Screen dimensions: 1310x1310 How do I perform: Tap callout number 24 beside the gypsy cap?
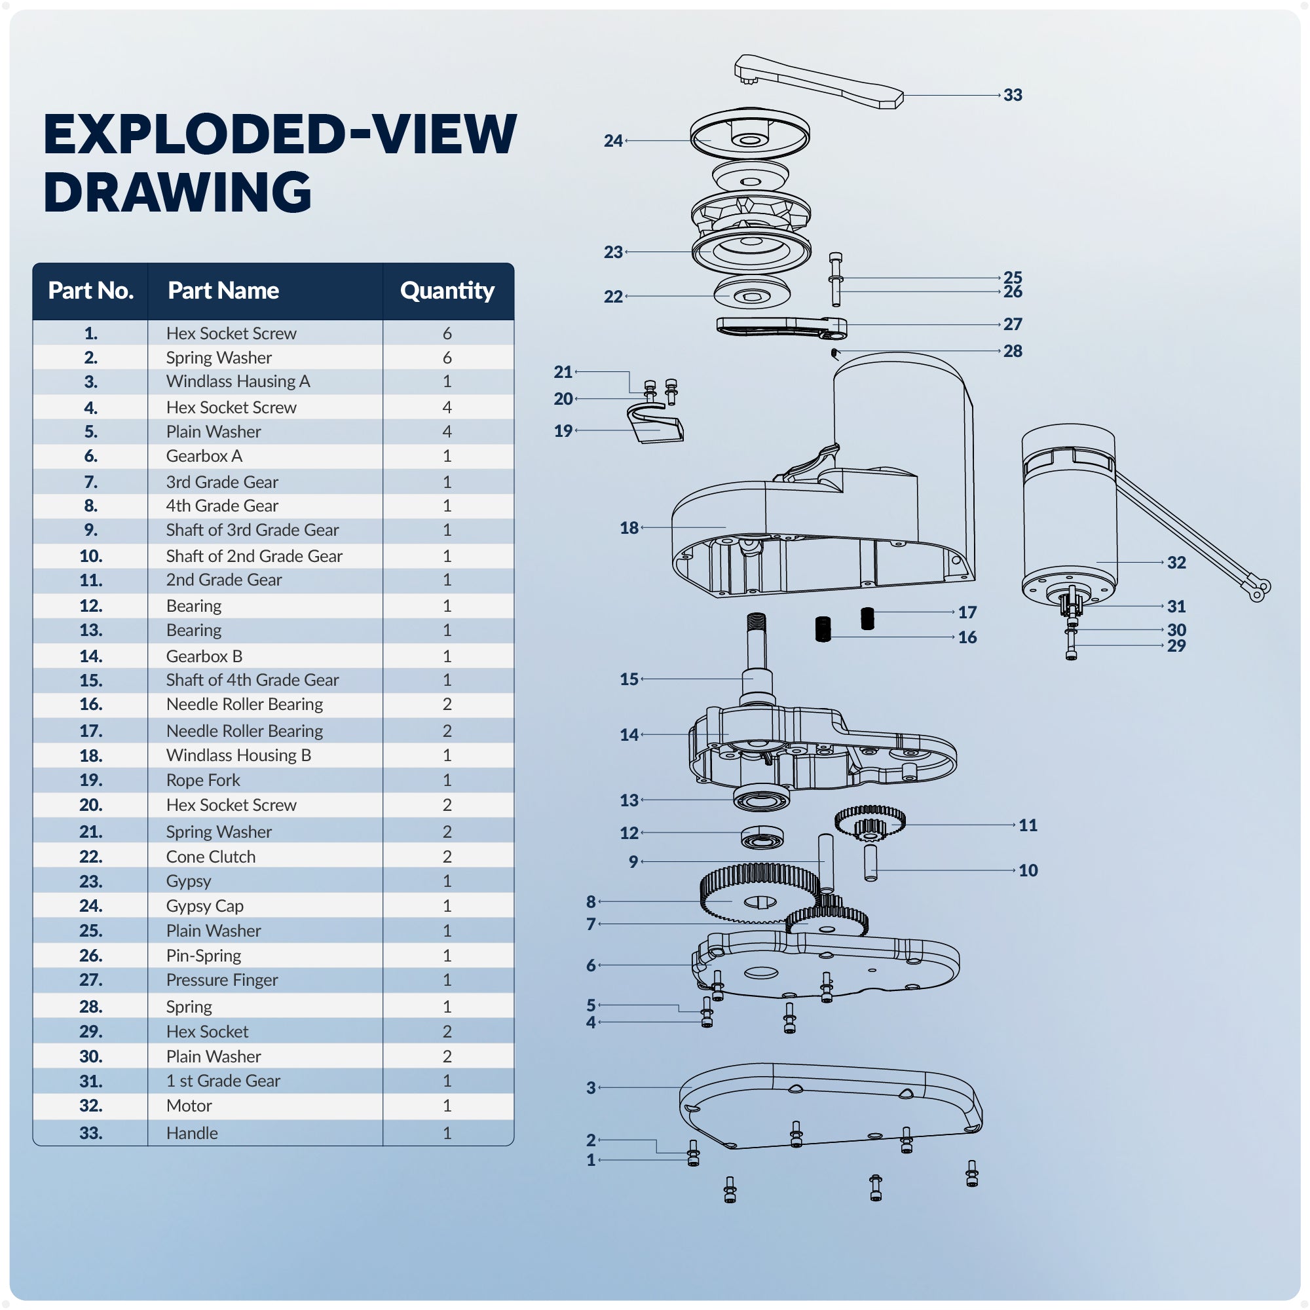[613, 141]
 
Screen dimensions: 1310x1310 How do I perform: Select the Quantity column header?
[447, 291]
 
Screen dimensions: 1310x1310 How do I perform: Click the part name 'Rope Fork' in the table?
[203, 781]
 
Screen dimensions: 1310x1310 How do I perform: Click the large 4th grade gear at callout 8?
[753, 895]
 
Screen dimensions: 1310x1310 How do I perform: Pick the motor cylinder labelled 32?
[1070, 515]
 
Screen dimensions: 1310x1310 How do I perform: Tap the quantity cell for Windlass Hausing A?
[447, 382]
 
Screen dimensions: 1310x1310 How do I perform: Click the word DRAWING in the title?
[178, 192]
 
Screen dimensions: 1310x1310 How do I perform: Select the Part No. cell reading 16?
[91, 705]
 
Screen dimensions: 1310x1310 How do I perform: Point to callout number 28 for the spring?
[1013, 351]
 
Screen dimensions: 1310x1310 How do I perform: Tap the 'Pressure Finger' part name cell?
[222, 981]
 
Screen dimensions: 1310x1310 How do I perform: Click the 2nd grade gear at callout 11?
[869, 822]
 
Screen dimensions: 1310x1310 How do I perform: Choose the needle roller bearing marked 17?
[867, 618]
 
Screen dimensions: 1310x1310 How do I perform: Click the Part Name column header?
[223, 291]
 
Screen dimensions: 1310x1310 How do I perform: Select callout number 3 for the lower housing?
[591, 1087]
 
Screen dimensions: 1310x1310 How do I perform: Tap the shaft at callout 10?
[870, 863]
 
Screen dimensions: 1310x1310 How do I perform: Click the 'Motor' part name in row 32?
[189, 1106]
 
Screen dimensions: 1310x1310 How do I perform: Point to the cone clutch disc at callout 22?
[751, 294]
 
